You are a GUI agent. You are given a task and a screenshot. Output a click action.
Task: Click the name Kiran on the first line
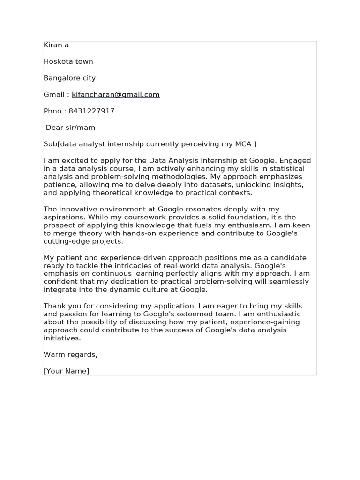pos(52,45)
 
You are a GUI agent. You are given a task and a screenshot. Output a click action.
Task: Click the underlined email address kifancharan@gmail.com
pos(116,94)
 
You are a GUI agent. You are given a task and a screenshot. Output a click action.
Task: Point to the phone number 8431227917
pos(91,111)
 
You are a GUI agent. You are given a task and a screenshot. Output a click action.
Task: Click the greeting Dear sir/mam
pos(70,127)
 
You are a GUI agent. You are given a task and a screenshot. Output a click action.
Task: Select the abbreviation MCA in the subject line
pos(243,144)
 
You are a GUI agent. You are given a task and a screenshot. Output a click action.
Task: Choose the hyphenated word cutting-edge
pos(67,241)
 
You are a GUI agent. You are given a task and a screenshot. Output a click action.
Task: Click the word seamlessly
pos(290,282)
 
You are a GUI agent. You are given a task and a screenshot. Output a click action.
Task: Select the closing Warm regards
pos(70,354)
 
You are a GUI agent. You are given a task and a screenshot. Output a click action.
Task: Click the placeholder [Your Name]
pos(66,371)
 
